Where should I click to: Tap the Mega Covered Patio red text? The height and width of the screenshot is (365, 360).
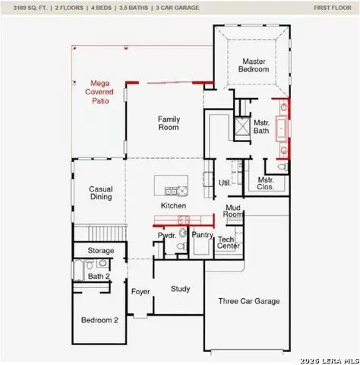coord(101,90)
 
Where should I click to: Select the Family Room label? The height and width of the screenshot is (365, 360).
coord(168,123)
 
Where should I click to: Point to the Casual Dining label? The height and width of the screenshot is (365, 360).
coord(100,193)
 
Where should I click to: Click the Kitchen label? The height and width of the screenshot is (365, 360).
coord(173,206)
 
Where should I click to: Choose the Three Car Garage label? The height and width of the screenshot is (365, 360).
coord(249,301)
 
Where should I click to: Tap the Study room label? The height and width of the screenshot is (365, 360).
coord(180,289)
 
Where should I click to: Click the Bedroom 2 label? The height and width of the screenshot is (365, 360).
coord(99,320)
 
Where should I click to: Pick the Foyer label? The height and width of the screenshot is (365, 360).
coord(141,292)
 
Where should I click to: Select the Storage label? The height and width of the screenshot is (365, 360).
coord(101,251)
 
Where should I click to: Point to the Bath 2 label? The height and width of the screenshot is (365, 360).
coord(99,276)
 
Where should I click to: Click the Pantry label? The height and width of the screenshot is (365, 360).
coord(201,236)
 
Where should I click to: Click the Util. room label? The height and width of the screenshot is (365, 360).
coord(225,182)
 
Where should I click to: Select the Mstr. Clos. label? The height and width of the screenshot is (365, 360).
coord(266,183)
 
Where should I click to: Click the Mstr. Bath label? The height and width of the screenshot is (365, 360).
coord(262,127)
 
